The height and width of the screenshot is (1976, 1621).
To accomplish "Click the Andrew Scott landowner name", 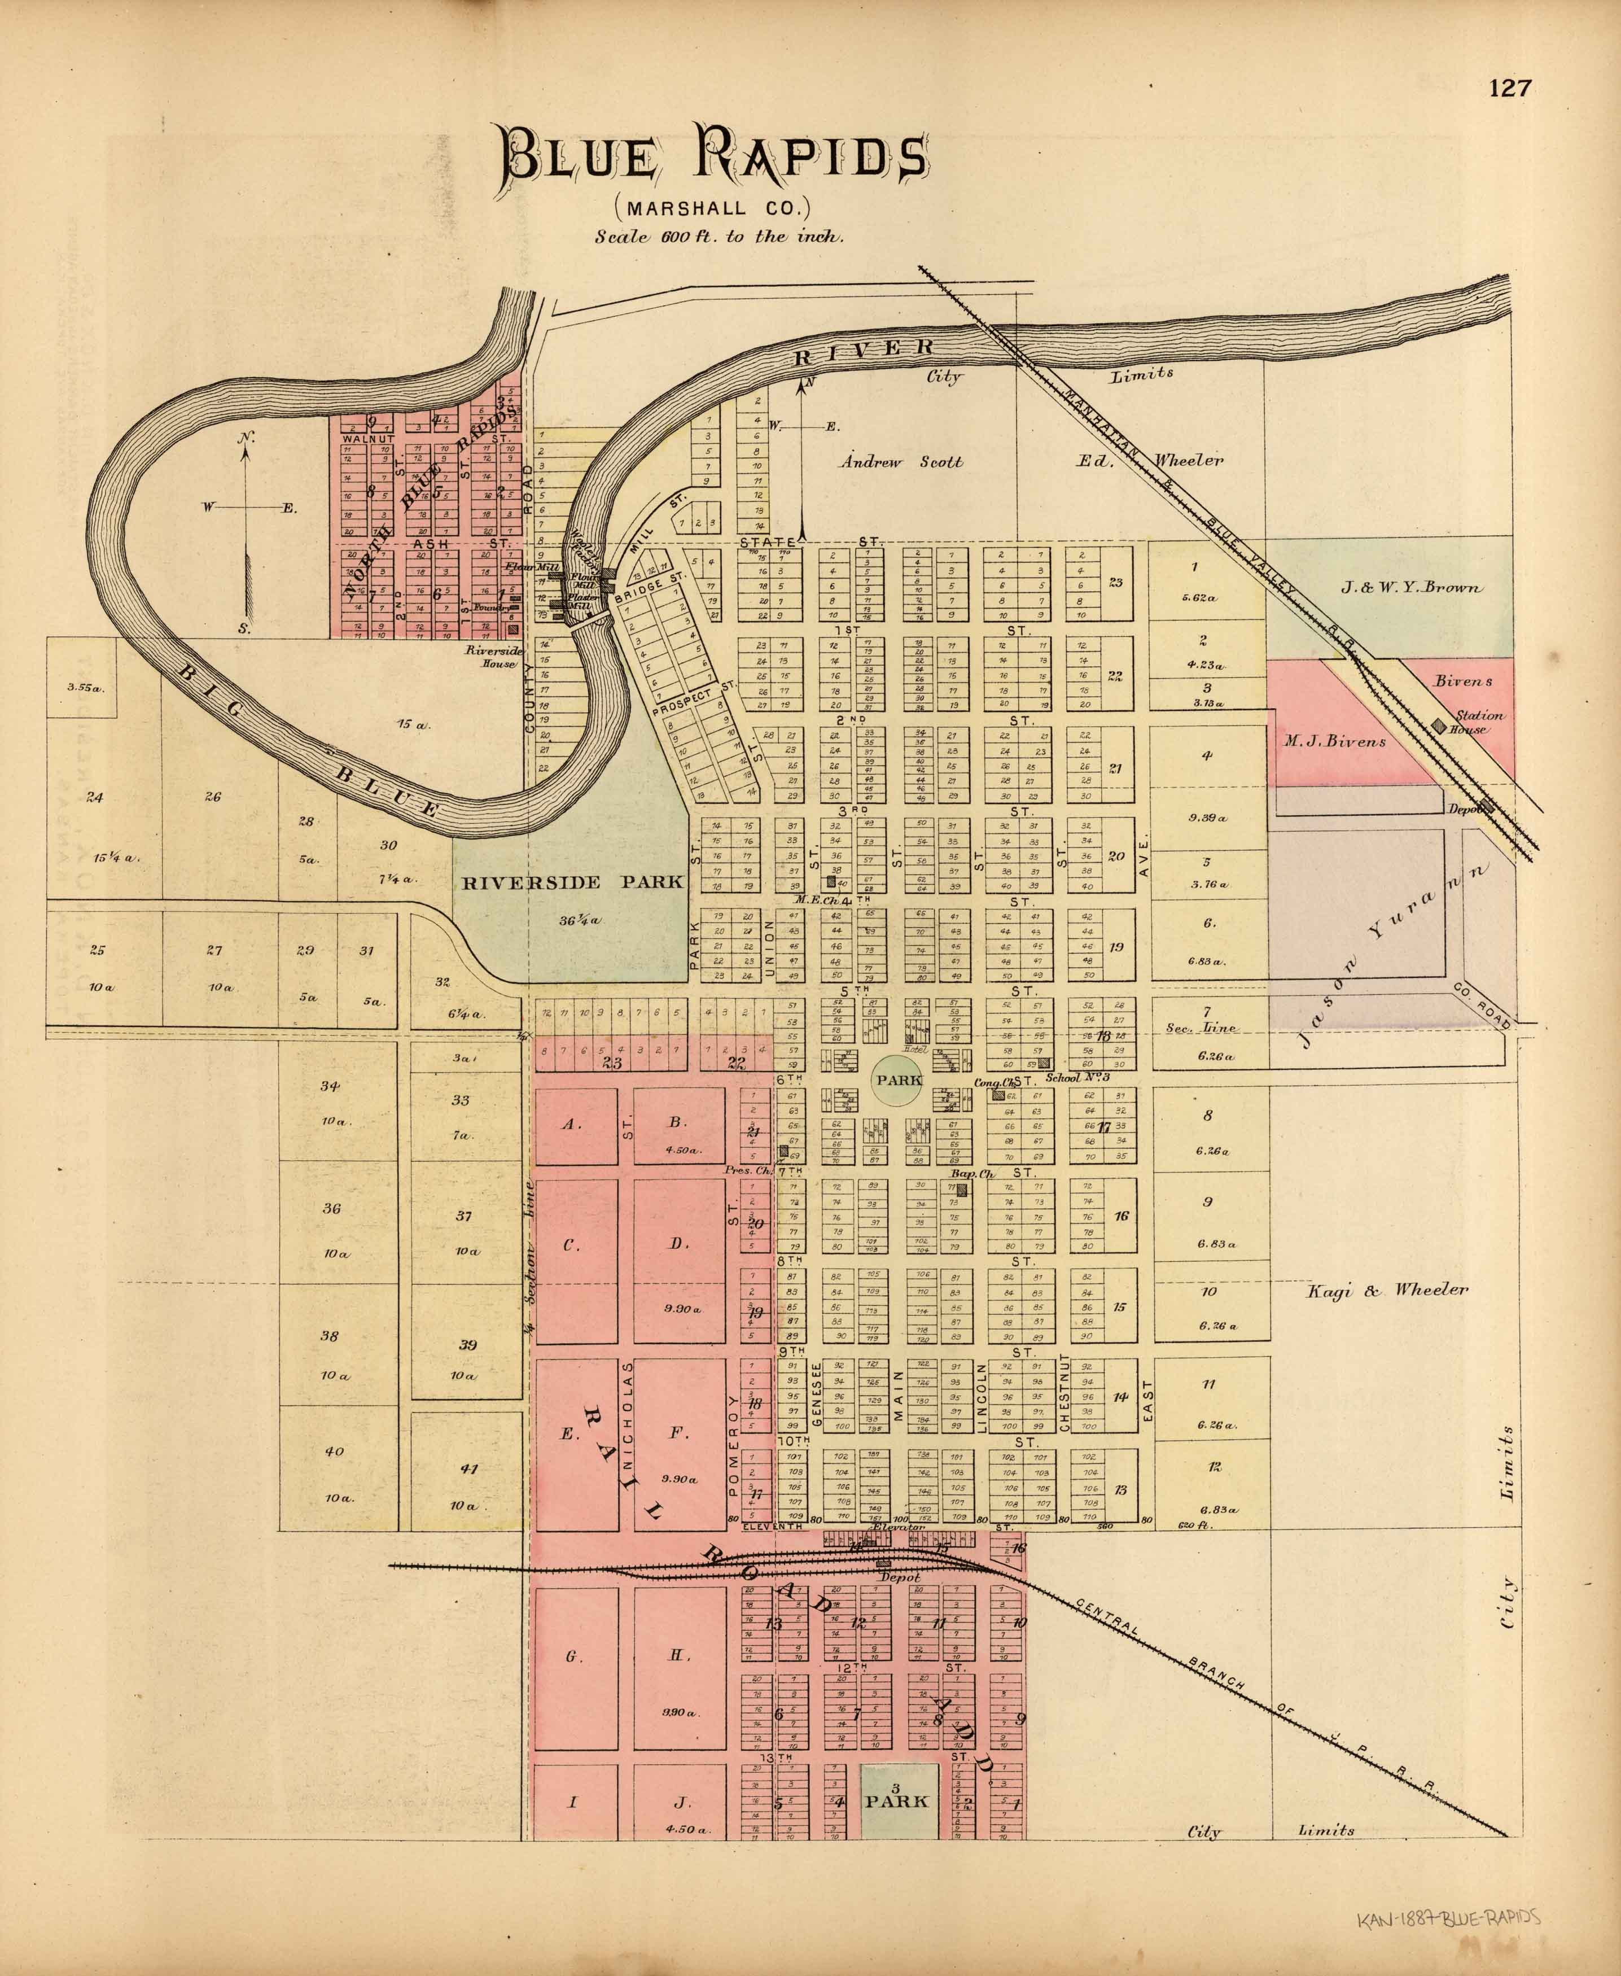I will tap(900, 461).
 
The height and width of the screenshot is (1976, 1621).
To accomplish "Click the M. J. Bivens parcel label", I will tap(1333, 741).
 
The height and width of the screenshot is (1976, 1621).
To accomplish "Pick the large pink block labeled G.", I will tap(574, 1656).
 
